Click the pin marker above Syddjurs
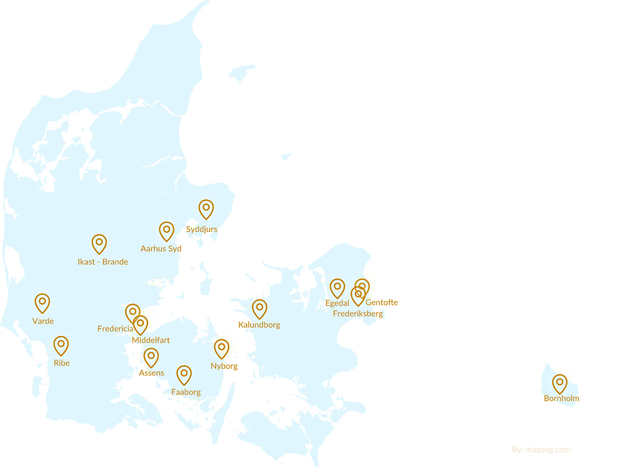point(206,208)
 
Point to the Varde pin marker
point(42,302)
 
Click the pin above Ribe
point(61,345)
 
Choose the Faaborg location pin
point(184,374)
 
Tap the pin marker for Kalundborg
point(259,308)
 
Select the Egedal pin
point(337,287)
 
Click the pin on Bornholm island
point(559,383)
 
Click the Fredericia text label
point(115,329)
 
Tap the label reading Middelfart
point(151,340)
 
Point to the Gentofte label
point(382,302)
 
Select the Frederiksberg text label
point(358,313)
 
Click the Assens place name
point(151,373)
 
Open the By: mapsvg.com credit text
point(541,450)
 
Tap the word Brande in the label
point(115,262)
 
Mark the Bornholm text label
point(561,398)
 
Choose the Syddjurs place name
point(201,229)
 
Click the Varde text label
point(43,321)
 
